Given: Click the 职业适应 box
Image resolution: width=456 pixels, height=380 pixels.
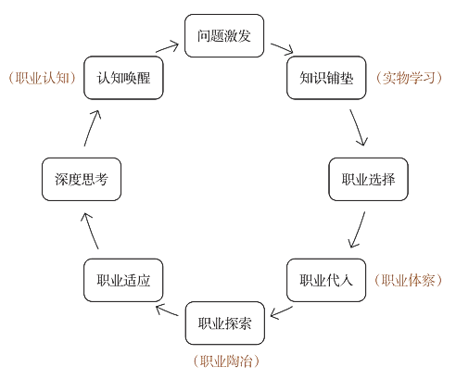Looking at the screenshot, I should (x=124, y=280).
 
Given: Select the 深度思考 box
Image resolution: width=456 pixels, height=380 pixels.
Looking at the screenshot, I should (x=82, y=179).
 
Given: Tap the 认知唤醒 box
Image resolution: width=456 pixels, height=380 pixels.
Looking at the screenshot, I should (x=124, y=77).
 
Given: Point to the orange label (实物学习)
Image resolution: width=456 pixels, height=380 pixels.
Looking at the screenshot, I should (x=410, y=78).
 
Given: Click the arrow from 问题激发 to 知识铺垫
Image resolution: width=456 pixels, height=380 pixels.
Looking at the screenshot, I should (x=282, y=49).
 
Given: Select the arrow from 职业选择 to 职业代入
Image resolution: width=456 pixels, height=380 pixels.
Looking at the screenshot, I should (x=357, y=230).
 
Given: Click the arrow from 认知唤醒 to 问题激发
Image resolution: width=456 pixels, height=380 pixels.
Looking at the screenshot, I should (x=169, y=47).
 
